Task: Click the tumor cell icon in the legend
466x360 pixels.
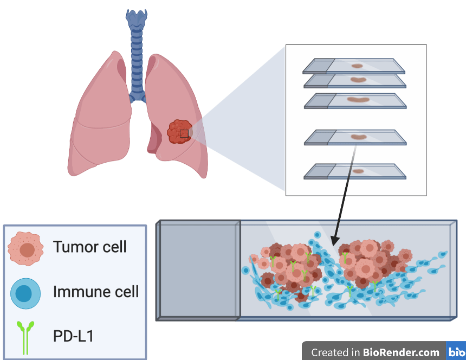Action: pos(25,249)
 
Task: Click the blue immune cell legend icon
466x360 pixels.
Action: pos(25,293)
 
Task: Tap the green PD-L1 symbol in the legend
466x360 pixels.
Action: pos(25,336)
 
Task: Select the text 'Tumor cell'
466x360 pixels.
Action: pos(90,247)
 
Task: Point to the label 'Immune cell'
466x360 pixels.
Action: pos(96,292)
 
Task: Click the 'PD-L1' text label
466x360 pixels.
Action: pos(73,336)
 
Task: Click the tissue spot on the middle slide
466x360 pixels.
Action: pos(358,100)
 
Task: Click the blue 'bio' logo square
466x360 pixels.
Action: pos(456,352)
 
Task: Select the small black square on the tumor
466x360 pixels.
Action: pos(184,133)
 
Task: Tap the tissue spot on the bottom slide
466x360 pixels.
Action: pos(358,171)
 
